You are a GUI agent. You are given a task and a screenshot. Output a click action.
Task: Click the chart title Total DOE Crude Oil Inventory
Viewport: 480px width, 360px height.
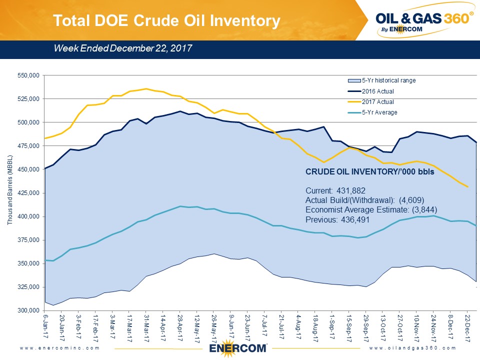(166, 20)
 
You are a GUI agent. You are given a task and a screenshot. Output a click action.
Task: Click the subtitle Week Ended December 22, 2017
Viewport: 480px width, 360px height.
(123, 48)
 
